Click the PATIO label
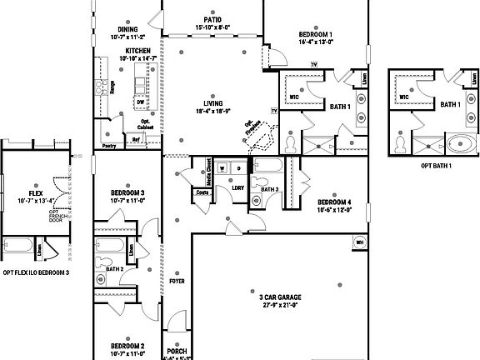click(212, 19)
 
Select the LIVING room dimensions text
click(212, 111)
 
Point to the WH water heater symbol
click(360, 242)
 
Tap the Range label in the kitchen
click(111, 87)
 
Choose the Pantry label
click(108, 146)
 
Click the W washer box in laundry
click(222, 167)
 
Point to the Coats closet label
click(201, 192)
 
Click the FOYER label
click(177, 281)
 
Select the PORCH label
click(177, 351)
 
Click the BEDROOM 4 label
click(333, 202)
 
